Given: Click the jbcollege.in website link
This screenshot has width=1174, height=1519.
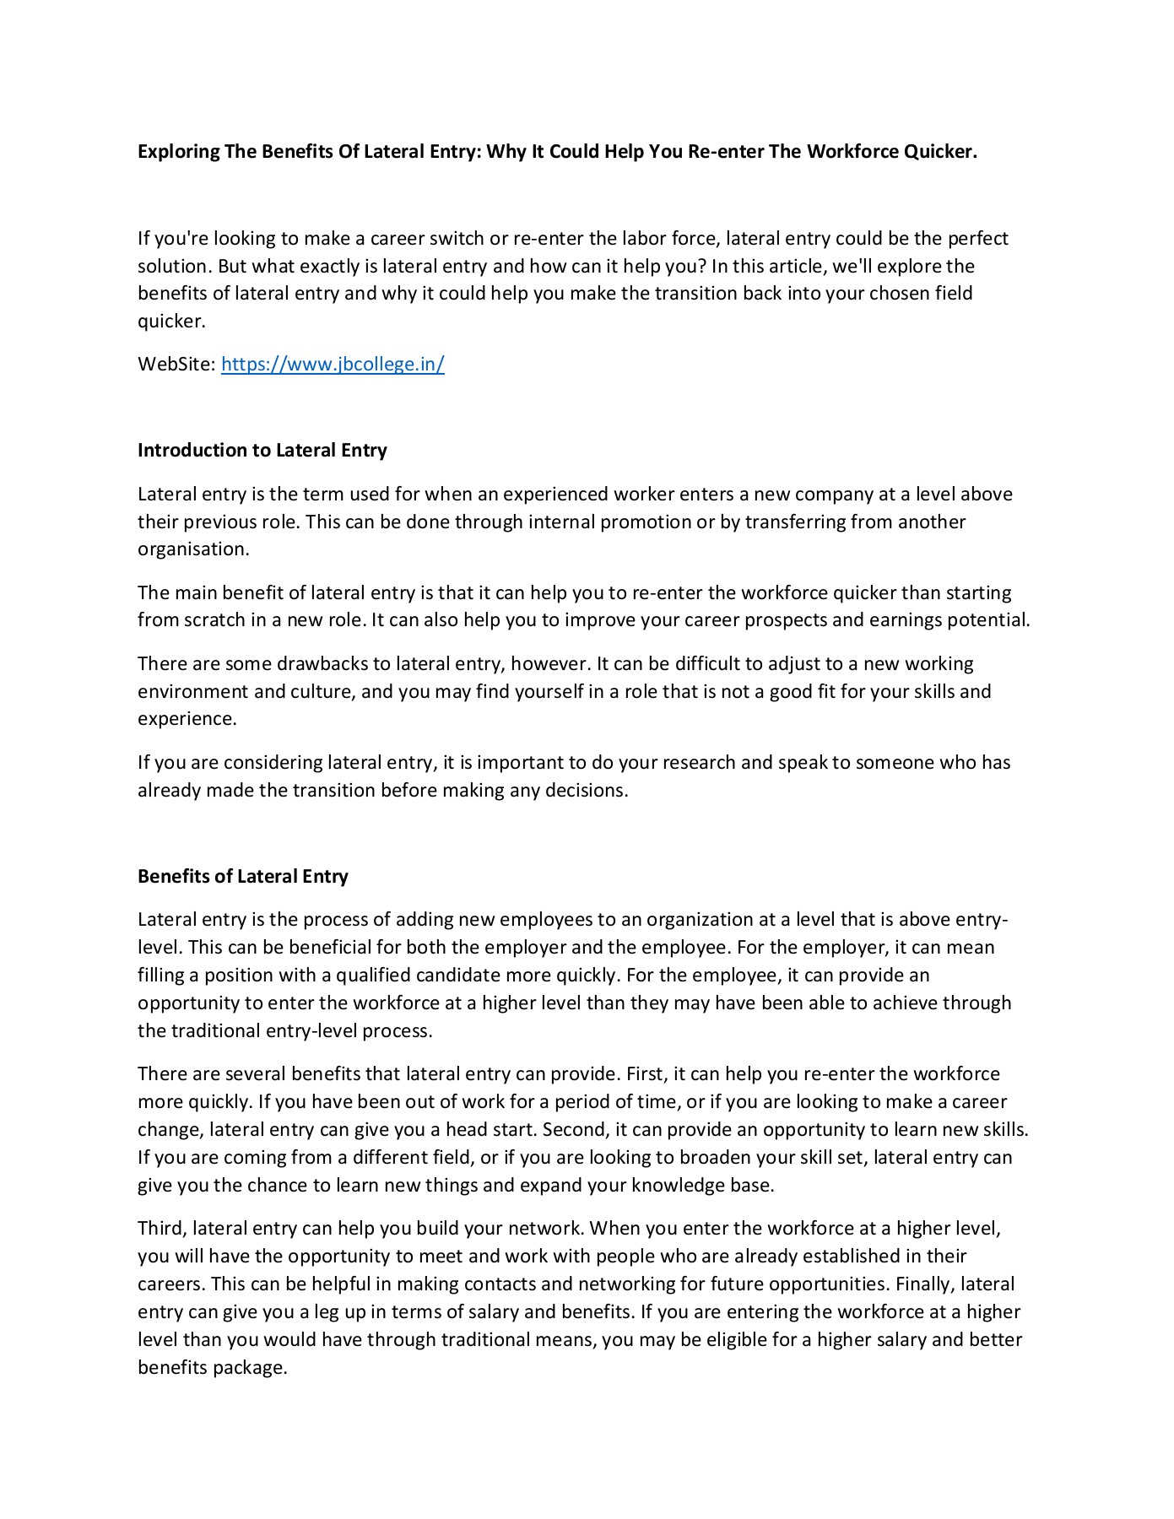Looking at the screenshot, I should click(x=333, y=365).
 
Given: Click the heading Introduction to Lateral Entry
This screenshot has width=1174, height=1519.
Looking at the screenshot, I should click(x=262, y=451).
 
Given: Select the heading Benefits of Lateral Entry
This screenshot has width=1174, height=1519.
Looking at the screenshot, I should click(x=242, y=876).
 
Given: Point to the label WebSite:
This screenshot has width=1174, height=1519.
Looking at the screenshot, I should click(x=176, y=365).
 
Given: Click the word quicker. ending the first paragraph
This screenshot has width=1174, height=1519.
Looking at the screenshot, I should click(x=171, y=322).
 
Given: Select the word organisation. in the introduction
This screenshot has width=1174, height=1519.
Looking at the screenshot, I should click(x=193, y=549).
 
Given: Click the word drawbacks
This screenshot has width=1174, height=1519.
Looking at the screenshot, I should click(x=321, y=664).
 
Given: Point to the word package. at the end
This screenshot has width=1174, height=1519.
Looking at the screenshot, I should click(x=250, y=1367).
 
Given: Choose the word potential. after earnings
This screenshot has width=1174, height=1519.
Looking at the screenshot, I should click(x=989, y=620).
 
